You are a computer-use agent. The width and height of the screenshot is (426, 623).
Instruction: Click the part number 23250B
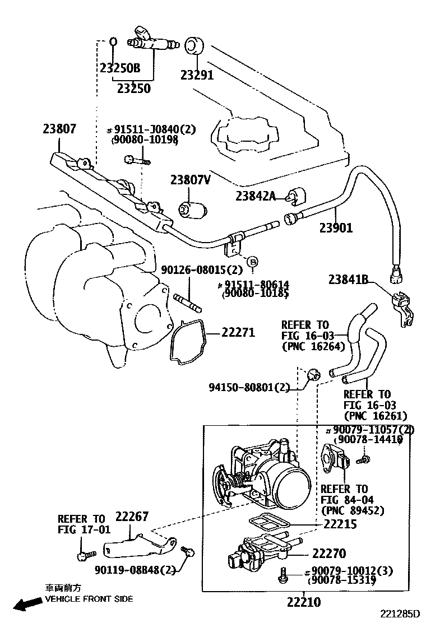120,69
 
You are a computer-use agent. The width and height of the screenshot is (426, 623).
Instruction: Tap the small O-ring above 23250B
112,41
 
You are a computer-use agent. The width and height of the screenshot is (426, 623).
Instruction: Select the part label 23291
197,75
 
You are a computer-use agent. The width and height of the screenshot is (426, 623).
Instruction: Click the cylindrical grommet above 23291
193,46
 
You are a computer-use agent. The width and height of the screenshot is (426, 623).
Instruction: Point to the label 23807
59,129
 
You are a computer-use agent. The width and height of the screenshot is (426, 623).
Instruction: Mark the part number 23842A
256,196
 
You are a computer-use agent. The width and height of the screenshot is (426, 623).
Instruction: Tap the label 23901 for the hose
336,227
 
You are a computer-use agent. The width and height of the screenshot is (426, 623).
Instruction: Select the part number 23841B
348,279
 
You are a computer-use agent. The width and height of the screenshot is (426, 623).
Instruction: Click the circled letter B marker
252,261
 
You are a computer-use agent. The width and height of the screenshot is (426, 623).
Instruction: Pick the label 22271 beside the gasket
238,332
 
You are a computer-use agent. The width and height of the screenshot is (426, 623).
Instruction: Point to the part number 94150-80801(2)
250,387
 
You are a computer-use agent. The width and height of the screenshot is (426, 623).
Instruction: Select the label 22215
340,524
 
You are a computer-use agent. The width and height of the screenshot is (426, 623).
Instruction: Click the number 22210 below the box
303,603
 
